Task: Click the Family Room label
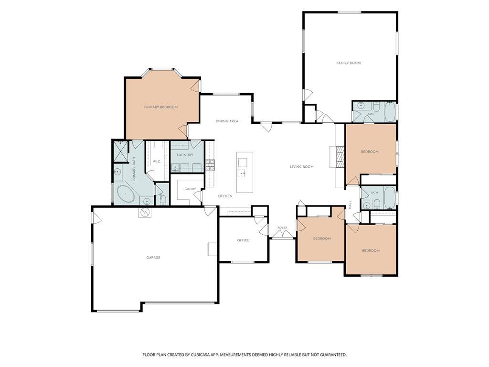[x=348, y=63]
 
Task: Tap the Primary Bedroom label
[x=160, y=107]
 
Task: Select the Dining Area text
[x=227, y=121]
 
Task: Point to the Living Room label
[x=302, y=167]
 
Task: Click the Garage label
[x=153, y=258]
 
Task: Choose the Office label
[x=243, y=240]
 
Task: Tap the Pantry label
[x=190, y=189]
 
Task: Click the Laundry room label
[x=185, y=155]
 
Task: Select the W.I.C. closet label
[x=156, y=162]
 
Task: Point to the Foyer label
[x=282, y=228]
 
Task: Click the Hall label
[x=350, y=205]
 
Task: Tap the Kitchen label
[x=225, y=196]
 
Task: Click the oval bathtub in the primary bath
[x=126, y=194]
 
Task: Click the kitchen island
[x=244, y=172]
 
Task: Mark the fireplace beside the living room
[x=340, y=157]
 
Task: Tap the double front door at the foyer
[x=282, y=235]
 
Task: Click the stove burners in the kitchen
[x=210, y=165]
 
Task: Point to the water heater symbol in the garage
[x=145, y=212]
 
